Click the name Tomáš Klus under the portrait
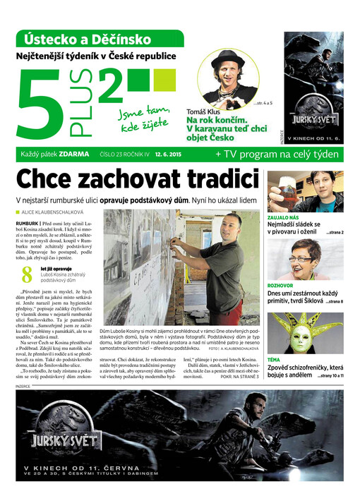[203, 111]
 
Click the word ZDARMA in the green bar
[75, 154]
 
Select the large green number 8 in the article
[27, 275]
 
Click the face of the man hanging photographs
[230, 227]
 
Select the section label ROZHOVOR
[280, 286]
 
